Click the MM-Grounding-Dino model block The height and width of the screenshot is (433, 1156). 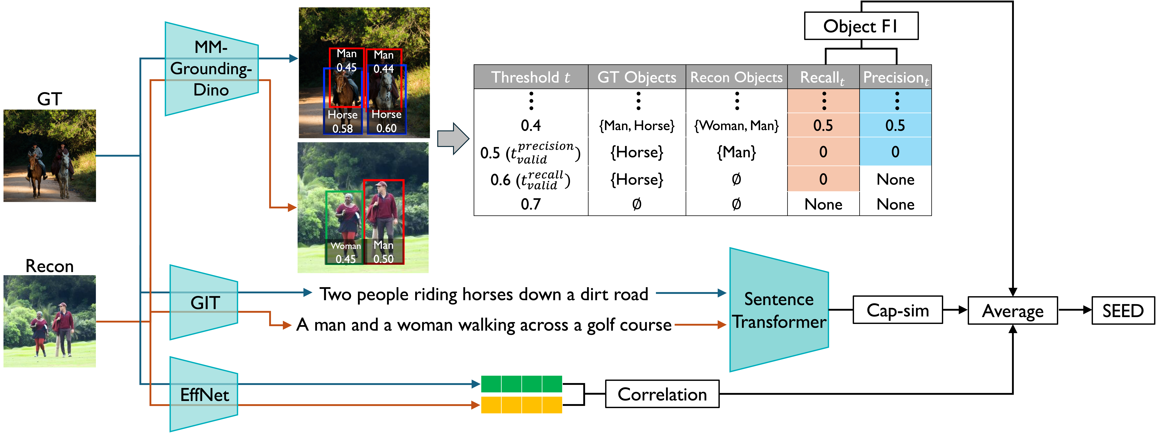tap(211, 69)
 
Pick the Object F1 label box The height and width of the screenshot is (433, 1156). tap(861, 26)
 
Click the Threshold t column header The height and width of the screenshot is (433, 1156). tap(531, 77)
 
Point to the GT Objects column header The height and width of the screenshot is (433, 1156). tap(636, 77)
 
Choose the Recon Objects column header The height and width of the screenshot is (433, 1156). tap(736, 77)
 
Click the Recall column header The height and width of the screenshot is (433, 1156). tap(823, 77)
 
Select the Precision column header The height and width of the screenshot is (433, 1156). tap(895, 77)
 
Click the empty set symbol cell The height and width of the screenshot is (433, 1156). tap(636, 204)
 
